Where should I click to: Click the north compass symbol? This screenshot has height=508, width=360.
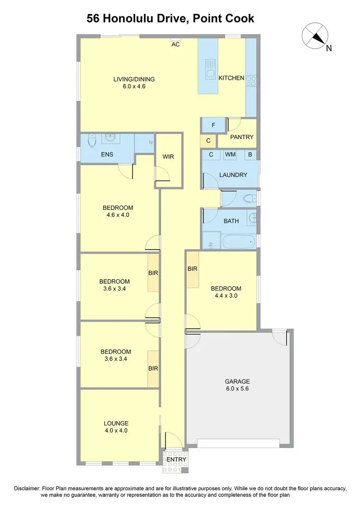pos(315,36)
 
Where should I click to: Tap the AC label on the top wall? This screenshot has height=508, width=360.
pos(176,45)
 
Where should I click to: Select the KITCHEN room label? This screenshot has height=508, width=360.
pos(231,78)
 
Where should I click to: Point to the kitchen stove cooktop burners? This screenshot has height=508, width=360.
pos(251,81)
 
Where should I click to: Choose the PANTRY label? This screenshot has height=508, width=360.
pos(241,137)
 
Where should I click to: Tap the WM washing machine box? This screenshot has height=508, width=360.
pos(230,155)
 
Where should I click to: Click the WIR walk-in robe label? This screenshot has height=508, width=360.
pos(168,156)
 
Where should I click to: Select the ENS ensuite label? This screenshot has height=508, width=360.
pos(107,155)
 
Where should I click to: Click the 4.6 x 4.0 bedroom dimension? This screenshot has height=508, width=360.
pos(118,215)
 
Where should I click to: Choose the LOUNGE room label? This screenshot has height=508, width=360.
pos(116,423)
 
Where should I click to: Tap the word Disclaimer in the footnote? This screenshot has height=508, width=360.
pos(28,489)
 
